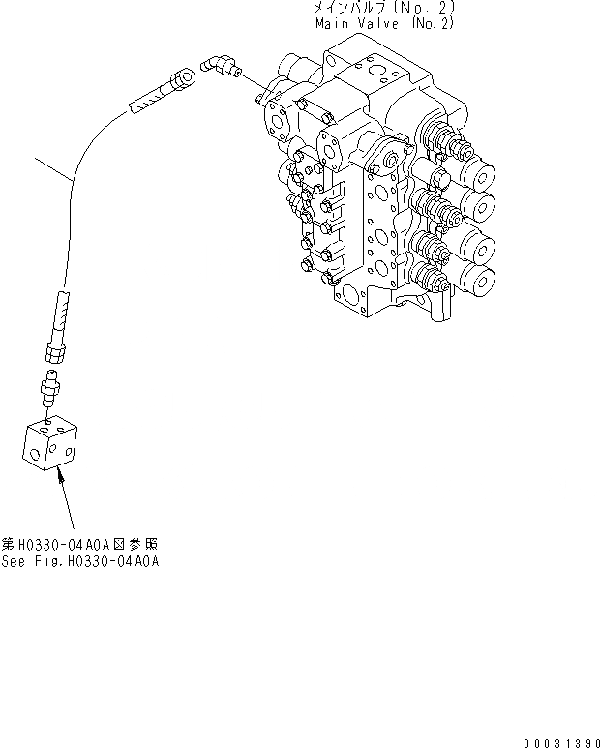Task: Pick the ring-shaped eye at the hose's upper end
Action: click(185, 75)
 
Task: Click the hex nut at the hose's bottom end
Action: click(54, 345)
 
